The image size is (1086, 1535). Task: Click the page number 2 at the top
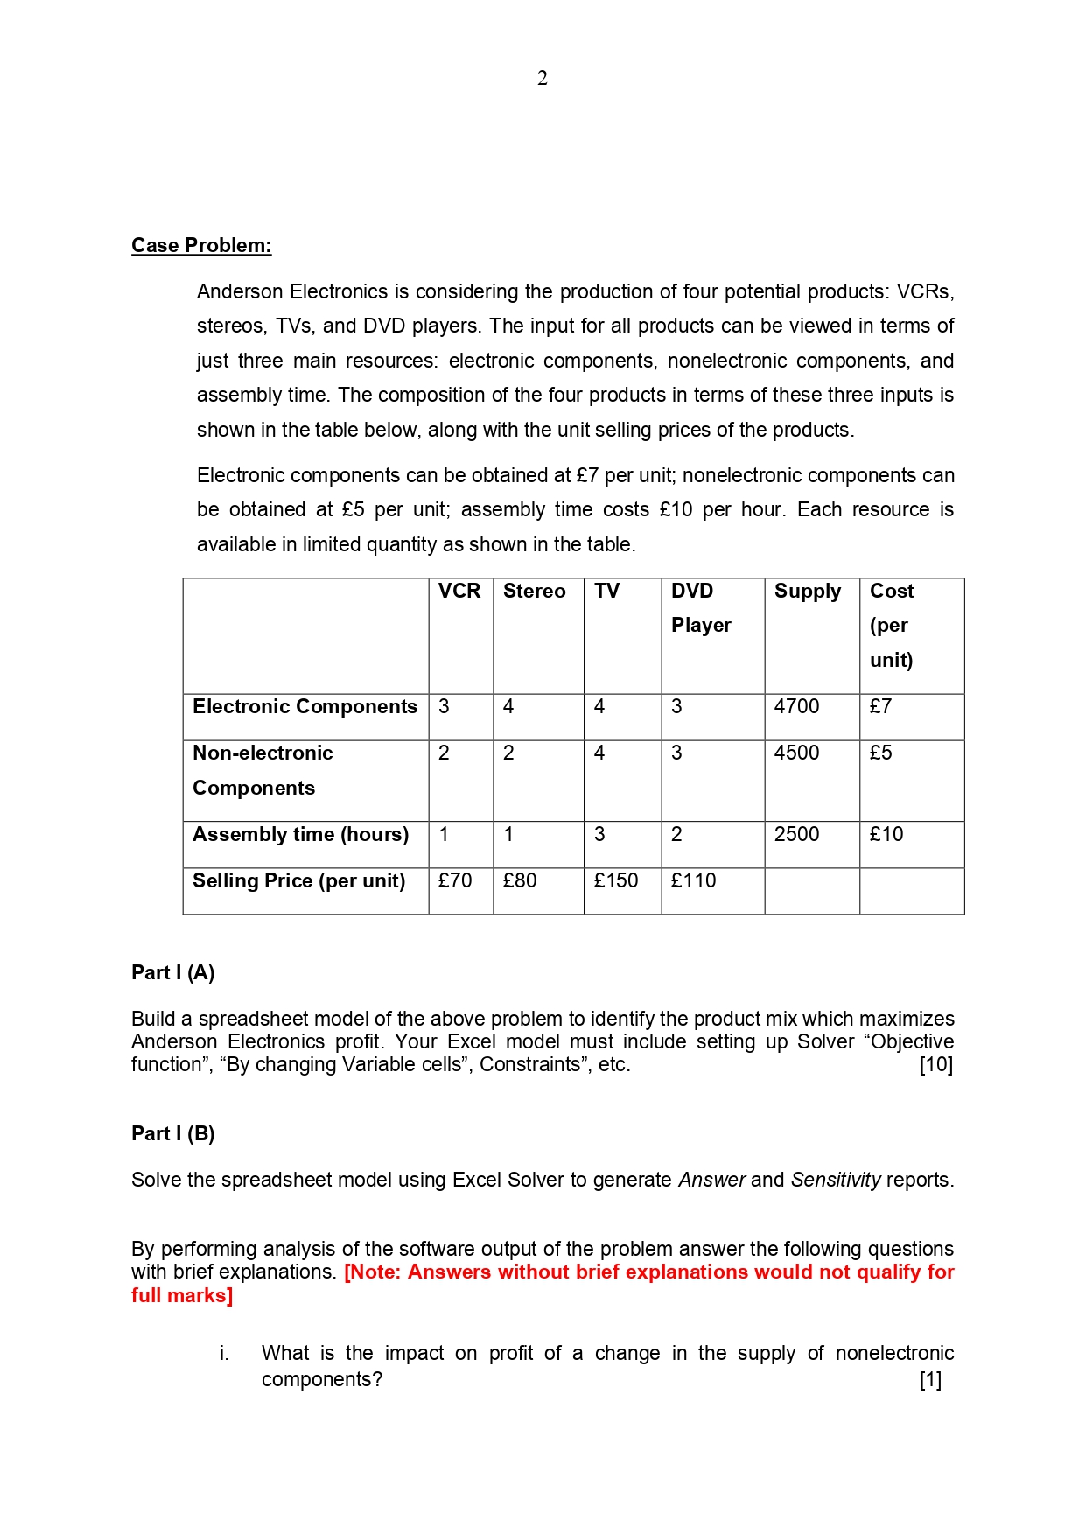click(x=543, y=79)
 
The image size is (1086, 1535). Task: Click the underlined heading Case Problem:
click(x=201, y=246)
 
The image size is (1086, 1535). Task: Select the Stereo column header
click(x=534, y=592)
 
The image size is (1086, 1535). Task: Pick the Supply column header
click(x=807, y=592)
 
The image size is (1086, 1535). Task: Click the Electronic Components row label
click(x=305, y=707)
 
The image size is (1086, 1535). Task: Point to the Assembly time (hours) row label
click(x=300, y=835)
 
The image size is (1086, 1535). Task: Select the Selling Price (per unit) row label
click(x=298, y=881)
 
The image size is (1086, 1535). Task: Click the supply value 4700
click(x=796, y=707)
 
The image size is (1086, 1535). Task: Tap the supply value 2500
click(x=796, y=835)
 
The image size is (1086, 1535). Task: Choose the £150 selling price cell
click(x=616, y=881)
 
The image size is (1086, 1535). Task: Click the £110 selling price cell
click(x=693, y=881)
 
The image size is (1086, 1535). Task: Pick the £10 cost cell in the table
click(x=886, y=835)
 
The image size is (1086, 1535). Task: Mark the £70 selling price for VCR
click(x=455, y=881)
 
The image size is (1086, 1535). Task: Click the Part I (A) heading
click(x=173, y=973)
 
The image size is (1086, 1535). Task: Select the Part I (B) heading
click(x=173, y=1134)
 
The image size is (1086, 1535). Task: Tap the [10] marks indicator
click(x=935, y=1065)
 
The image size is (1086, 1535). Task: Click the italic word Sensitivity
click(x=836, y=1181)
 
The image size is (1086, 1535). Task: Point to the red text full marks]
click(x=182, y=1296)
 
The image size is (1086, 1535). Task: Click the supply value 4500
click(x=796, y=753)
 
